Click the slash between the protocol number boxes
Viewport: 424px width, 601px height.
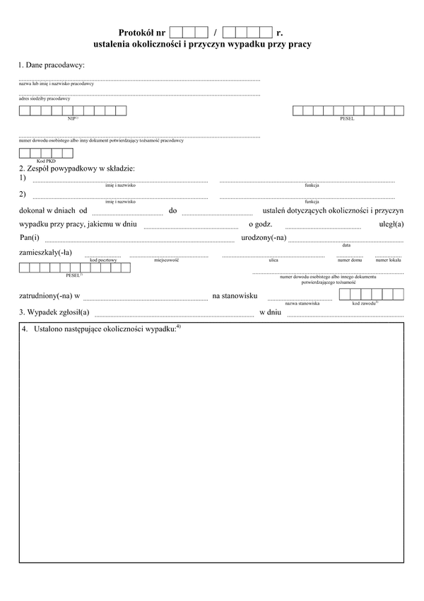(x=215, y=33)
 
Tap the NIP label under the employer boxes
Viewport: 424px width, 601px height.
(x=72, y=118)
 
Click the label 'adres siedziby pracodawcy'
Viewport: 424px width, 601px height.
(x=45, y=98)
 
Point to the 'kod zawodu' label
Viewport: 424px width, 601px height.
(x=365, y=303)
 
